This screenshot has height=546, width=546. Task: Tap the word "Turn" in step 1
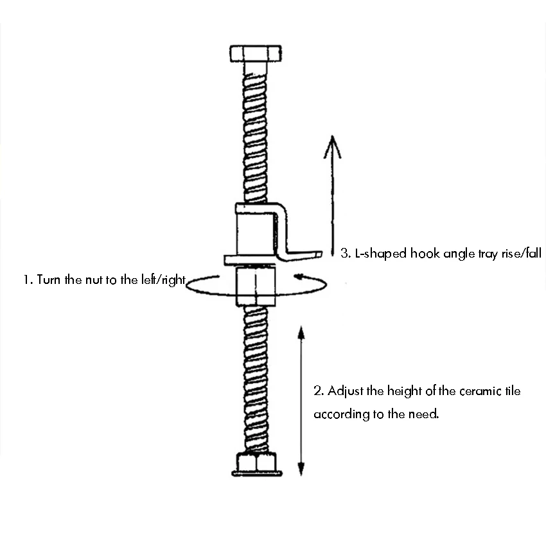click(49, 280)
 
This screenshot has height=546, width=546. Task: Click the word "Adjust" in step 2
click(346, 391)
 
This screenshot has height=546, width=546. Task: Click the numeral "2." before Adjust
click(318, 391)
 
